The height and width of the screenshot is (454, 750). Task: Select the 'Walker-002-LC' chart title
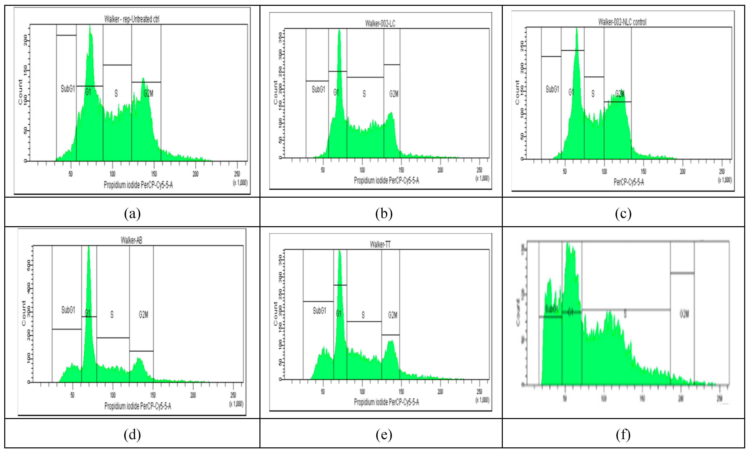(x=380, y=24)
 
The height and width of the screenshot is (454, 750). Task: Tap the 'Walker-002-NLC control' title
(x=622, y=22)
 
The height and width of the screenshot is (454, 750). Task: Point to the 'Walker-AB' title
(x=131, y=240)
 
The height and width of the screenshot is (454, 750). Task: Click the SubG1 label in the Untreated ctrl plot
(x=68, y=89)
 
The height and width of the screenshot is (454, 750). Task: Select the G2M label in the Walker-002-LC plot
(x=393, y=94)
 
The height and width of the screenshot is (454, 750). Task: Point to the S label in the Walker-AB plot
(x=112, y=314)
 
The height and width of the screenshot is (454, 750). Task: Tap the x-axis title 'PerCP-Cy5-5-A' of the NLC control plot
(x=629, y=182)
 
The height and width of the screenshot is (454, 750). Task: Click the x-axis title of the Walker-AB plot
(x=138, y=406)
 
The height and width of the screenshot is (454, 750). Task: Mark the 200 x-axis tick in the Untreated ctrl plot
(x=195, y=174)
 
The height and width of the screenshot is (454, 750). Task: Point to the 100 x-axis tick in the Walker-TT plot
(x=362, y=391)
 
